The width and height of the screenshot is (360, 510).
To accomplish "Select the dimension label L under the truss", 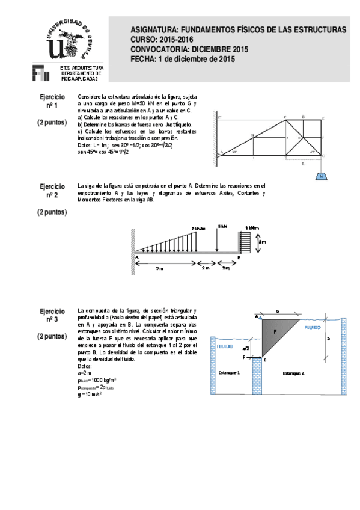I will (x=304, y=163).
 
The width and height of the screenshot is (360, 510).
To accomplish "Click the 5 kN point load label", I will (x=222, y=226).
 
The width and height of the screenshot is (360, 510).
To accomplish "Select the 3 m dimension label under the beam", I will (x=159, y=268).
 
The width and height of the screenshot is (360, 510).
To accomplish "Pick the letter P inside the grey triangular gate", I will (x=275, y=331).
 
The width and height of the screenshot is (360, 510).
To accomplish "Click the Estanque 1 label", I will (x=229, y=373).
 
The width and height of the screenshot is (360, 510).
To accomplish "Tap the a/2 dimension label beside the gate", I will (x=245, y=348).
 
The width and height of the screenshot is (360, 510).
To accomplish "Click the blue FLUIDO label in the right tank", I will (x=313, y=328).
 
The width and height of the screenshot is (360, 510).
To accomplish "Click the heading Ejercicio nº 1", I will (x=52, y=101).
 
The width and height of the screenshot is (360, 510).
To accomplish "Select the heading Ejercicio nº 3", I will (x=52, y=315).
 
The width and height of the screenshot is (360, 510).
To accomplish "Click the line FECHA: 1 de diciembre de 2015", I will (x=182, y=59).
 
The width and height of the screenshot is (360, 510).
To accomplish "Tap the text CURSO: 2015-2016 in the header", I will (x=162, y=39).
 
